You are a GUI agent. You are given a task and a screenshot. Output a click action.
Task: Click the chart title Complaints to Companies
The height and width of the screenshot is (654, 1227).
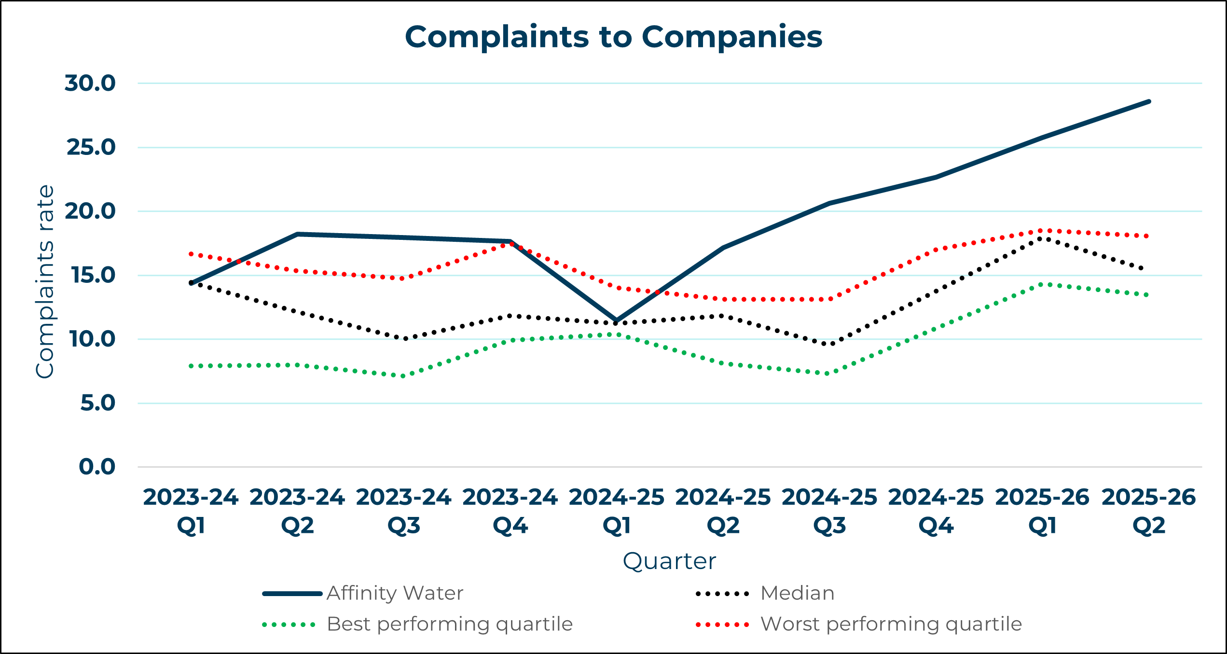tap(613, 37)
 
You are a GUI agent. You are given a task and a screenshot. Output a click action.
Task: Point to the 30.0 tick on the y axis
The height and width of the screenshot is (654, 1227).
tap(90, 83)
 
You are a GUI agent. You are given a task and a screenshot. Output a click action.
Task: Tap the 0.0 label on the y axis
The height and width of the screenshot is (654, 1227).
tap(97, 467)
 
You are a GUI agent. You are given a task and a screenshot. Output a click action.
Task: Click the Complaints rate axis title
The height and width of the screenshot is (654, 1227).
tap(45, 282)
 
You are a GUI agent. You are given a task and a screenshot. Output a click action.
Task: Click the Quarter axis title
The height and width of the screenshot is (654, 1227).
tap(669, 561)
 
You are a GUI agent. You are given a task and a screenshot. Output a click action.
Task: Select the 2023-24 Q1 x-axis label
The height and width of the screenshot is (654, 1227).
tap(191, 511)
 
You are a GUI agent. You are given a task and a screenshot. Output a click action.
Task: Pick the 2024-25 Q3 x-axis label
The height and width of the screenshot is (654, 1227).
tap(829, 511)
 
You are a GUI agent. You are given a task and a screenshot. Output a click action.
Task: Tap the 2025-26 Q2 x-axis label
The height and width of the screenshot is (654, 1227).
tap(1149, 511)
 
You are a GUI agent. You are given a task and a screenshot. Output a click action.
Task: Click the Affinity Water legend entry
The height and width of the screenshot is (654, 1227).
tap(395, 593)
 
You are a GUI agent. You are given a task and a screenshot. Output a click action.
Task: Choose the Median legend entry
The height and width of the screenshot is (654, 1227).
tap(797, 593)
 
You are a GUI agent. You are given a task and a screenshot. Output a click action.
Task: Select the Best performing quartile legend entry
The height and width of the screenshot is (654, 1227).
tap(450, 624)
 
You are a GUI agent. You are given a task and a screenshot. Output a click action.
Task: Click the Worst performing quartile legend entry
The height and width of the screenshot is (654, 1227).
tap(891, 624)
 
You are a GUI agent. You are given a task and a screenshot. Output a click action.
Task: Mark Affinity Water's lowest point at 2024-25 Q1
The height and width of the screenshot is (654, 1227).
tap(616, 320)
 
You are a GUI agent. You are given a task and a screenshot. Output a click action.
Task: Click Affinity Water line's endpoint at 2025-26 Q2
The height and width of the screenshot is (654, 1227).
tap(1149, 102)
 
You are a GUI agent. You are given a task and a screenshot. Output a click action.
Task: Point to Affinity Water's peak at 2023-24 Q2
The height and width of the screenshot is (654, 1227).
tap(298, 234)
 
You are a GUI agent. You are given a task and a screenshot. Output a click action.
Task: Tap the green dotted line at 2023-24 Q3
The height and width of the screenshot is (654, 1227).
tap(404, 376)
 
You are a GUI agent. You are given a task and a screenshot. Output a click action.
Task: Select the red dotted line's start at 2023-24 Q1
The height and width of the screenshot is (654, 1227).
tap(192, 254)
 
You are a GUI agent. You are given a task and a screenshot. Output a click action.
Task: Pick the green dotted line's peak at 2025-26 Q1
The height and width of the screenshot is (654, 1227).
tap(1044, 285)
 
